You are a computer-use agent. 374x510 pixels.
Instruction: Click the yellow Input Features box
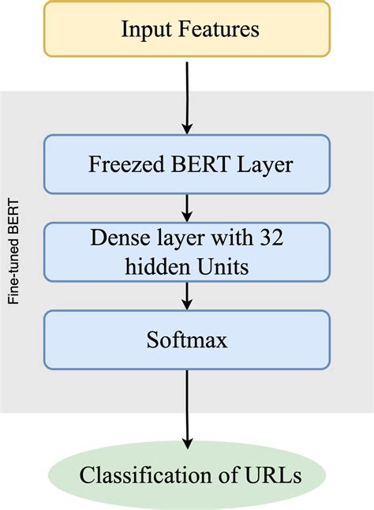click(x=187, y=30)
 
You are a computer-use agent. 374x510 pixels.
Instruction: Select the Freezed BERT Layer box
click(x=187, y=164)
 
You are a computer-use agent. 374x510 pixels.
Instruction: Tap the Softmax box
click(x=187, y=339)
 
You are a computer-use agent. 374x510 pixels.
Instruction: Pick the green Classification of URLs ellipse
click(x=187, y=474)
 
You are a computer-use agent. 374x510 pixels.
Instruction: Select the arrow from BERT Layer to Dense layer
click(x=187, y=208)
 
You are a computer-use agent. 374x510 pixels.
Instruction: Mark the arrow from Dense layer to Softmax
click(x=187, y=295)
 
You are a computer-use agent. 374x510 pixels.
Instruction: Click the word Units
click(x=227, y=267)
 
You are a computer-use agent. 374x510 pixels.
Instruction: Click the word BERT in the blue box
click(x=193, y=165)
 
